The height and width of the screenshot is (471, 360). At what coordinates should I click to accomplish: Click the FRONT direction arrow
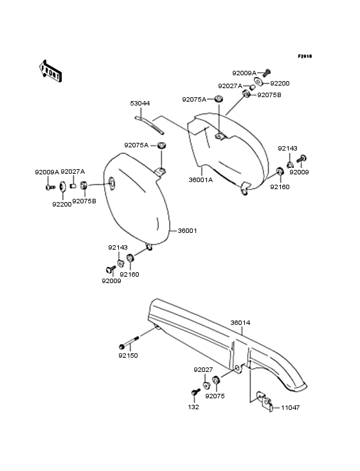coord(50,71)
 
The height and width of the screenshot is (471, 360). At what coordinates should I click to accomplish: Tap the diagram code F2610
coord(305,56)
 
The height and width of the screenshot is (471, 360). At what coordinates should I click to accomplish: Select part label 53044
coord(139,104)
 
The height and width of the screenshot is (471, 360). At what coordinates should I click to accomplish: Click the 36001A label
coord(201,180)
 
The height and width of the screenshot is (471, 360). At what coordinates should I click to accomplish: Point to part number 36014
coord(240,322)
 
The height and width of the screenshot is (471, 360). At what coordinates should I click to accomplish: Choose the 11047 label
coord(291,407)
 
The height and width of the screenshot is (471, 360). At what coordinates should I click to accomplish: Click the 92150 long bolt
coord(129,342)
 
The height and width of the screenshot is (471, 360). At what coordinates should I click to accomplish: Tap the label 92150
coord(128,356)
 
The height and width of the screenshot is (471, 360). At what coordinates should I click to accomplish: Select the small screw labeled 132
coord(195,392)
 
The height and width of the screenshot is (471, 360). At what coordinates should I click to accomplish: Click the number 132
coord(194,407)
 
